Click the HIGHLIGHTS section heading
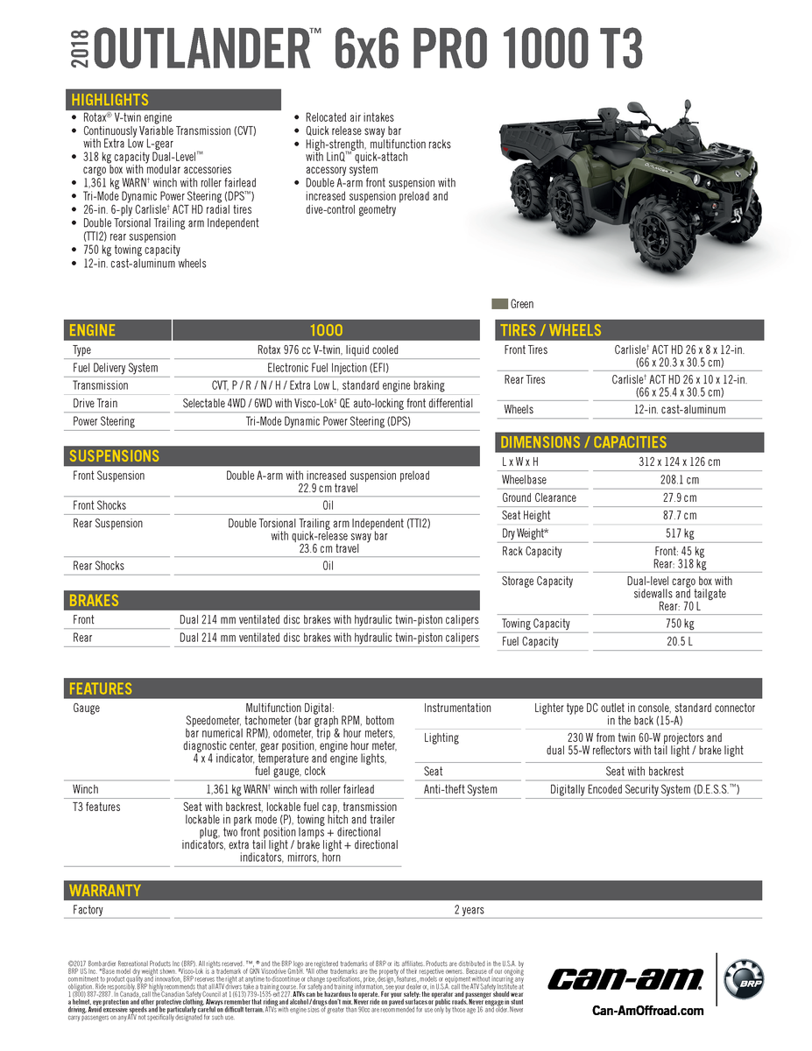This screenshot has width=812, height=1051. (x=110, y=100)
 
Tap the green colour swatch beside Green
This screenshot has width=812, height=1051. (x=499, y=304)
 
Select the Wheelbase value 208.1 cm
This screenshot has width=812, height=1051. (x=679, y=480)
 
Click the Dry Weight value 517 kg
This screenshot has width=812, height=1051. (x=679, y=533)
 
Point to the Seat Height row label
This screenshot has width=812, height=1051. (x=526, y=516)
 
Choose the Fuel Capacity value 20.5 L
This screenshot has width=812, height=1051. (x=679, y=642)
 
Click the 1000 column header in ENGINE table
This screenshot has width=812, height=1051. (x=326, y=330)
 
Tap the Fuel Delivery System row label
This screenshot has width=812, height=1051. (x=115, y=368)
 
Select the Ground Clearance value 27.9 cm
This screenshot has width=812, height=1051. (x=679, y=497)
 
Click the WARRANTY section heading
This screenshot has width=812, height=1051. (x=105, y=891)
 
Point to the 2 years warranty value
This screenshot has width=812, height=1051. (x=469, y=910)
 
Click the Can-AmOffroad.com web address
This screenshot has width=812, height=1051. (x=647, y=1011)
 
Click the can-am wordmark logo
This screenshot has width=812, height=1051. (x=626, y=978)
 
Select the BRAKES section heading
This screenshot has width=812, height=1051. (x=95, y=601)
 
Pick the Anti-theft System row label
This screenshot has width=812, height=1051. (x=460, y=789)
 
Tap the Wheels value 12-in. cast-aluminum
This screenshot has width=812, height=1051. (x=679, y=409)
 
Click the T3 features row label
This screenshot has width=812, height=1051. (x=96, y=808)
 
